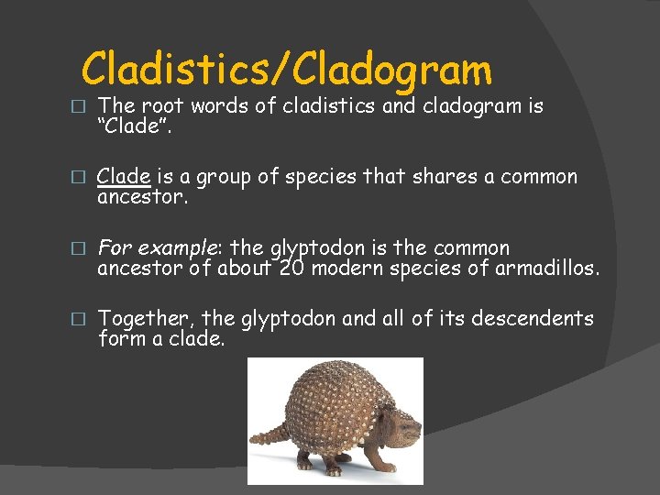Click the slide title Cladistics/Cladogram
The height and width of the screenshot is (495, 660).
[x=286, y=70]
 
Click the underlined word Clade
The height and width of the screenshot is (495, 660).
[x=124, y=176]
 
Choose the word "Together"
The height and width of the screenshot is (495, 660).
[x=145, y=319]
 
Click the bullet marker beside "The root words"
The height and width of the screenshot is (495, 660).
[x=80, y=107]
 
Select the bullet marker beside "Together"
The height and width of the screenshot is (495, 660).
[x=80, y=320]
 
